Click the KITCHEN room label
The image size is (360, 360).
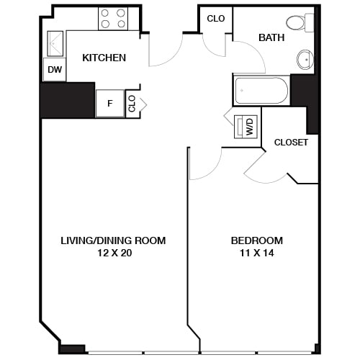point(104,58)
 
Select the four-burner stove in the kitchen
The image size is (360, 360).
point(113,18)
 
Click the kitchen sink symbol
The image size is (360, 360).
point(55,45)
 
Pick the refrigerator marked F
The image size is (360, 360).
point(109,103)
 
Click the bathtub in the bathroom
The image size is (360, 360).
point(261,91)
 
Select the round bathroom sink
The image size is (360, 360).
point(304,59)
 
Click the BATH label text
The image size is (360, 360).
point(272,37)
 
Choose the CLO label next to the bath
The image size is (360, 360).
point(215,19)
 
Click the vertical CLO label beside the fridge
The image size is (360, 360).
point(132,103)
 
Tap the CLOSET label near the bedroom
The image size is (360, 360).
point(291,143)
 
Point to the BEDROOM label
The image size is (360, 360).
point(256,240)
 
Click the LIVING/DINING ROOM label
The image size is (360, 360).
point(113,240)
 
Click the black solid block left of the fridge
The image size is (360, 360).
point(67,100)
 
